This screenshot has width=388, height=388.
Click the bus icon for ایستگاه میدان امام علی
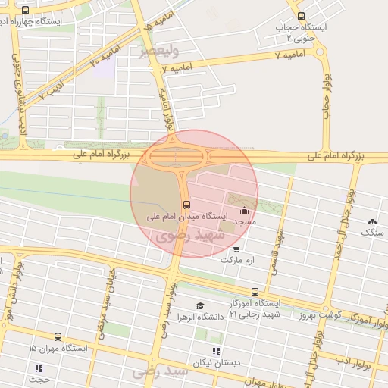[x=186, y=204]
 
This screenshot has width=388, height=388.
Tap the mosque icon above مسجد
[x=243, y=211]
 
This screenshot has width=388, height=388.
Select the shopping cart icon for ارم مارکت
[x=237, y=249]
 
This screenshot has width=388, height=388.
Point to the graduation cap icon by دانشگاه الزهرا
[x=199, y=305]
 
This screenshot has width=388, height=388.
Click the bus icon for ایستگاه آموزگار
[x=255, y=291]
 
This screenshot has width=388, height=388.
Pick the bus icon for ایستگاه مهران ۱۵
[x=58, y=336]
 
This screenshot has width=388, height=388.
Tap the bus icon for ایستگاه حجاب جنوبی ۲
[x=301, y=16]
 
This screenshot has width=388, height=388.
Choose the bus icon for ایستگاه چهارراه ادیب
[x=26, y=11]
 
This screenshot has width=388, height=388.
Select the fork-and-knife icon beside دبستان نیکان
[x=216, y=351]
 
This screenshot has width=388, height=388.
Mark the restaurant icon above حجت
[x=39, y=368]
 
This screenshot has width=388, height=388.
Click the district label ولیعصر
[x=159, y=52]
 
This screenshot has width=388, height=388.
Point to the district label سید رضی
[x=159, y=373]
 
